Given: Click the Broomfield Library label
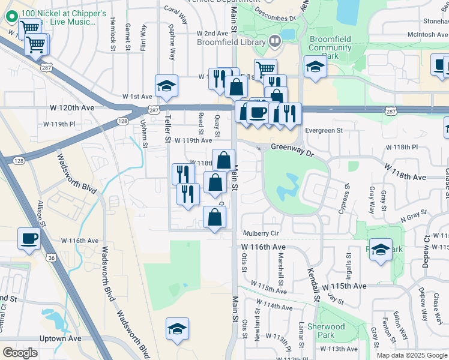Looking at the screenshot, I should point(231,42).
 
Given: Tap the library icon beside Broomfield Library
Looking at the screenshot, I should point(275,41).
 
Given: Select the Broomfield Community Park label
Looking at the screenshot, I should point(330,47).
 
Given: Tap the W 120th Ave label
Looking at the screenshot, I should point(73,108).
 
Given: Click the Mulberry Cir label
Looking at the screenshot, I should point(261,233).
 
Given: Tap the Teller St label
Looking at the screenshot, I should point(168,128).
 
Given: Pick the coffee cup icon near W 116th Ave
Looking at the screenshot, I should point(29,238).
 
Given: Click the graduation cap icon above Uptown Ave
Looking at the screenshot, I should point(177,328).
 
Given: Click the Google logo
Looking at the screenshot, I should point(20,352).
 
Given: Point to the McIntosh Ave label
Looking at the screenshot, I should point(420,34).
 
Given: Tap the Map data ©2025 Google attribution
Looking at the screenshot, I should point(411,355).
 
